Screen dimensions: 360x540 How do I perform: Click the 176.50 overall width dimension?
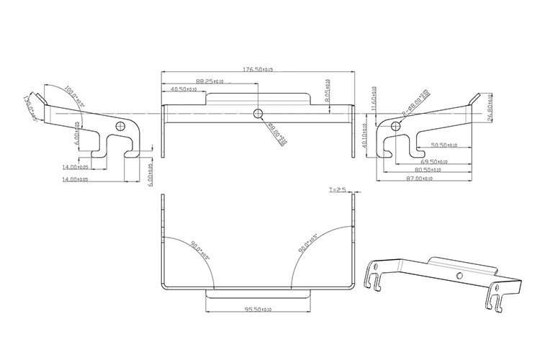point(258,70)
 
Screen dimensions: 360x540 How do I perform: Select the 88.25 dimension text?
point(210,81)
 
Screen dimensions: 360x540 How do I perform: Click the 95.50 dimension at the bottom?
point(258,310)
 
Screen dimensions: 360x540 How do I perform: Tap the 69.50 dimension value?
point(435,162)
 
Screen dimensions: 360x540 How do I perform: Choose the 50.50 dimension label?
point(444,145)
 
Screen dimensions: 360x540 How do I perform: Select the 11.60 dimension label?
point(374,96)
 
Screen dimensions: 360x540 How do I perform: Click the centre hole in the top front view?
point(258,113)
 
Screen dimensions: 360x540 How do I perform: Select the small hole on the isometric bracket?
point(459,276)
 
